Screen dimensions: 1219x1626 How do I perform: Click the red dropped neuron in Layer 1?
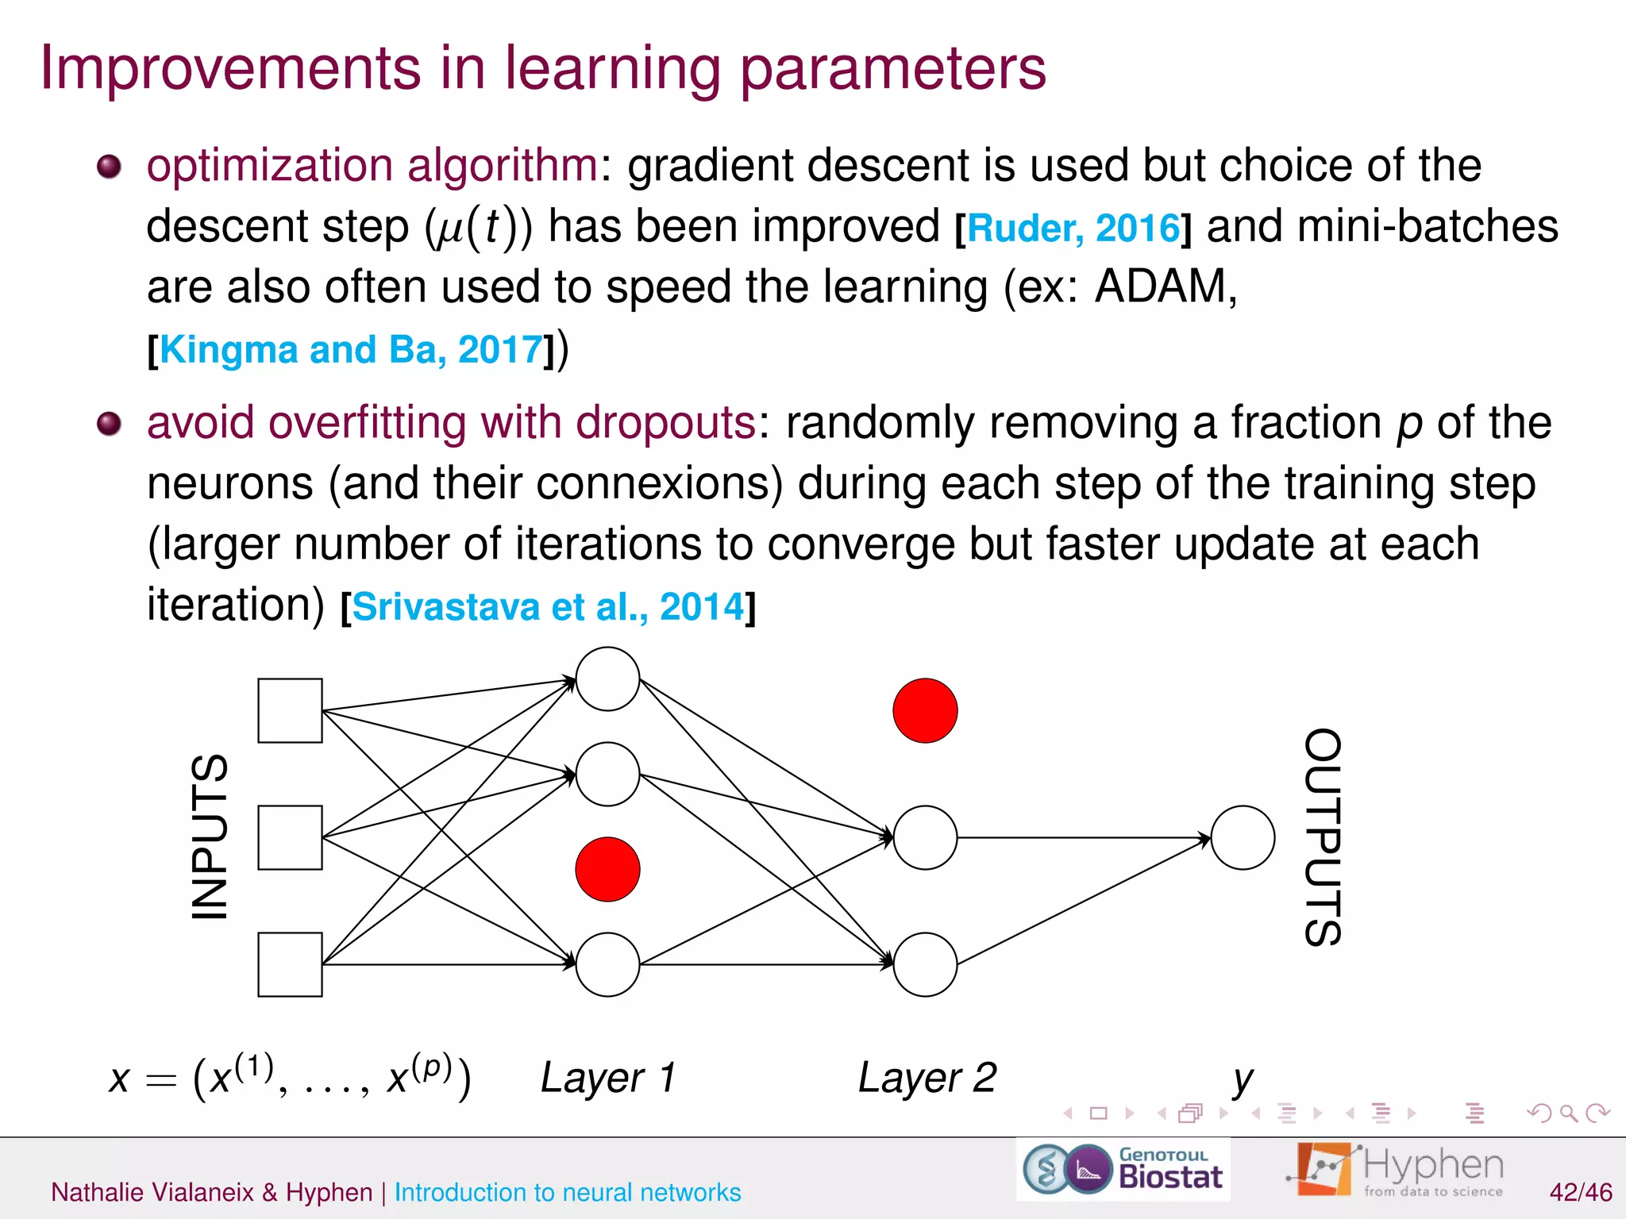click(607, 869)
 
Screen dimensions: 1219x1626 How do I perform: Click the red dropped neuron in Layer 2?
click(925, 710)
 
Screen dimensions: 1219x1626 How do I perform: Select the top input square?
click(290, 710)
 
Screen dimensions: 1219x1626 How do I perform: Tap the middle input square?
click(290, 837)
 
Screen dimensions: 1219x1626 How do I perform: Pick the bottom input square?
click(290, 964)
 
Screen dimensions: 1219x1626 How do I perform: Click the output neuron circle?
click(1243, 837)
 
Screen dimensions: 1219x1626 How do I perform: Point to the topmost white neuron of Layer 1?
click(607, 679)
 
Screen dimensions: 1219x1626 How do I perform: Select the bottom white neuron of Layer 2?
click(925, 964)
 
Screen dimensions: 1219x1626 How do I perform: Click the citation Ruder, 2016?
click(1073, 229)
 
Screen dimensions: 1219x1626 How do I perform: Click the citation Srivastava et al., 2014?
click(548, 607)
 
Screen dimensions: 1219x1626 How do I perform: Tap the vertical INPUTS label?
click(210, 836)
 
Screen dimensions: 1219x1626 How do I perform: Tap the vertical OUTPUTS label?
click(1323, 836)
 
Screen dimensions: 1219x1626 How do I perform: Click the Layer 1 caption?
click(608, 1078)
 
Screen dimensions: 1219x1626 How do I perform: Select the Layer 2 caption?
click(927, 1078)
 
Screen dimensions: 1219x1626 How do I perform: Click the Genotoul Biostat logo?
click(1123, 1169)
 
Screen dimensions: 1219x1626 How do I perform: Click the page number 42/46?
click(1580, 1192)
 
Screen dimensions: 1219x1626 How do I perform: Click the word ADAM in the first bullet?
click(1164, 286)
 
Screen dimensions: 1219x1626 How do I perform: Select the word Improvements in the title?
click(230, 68)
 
